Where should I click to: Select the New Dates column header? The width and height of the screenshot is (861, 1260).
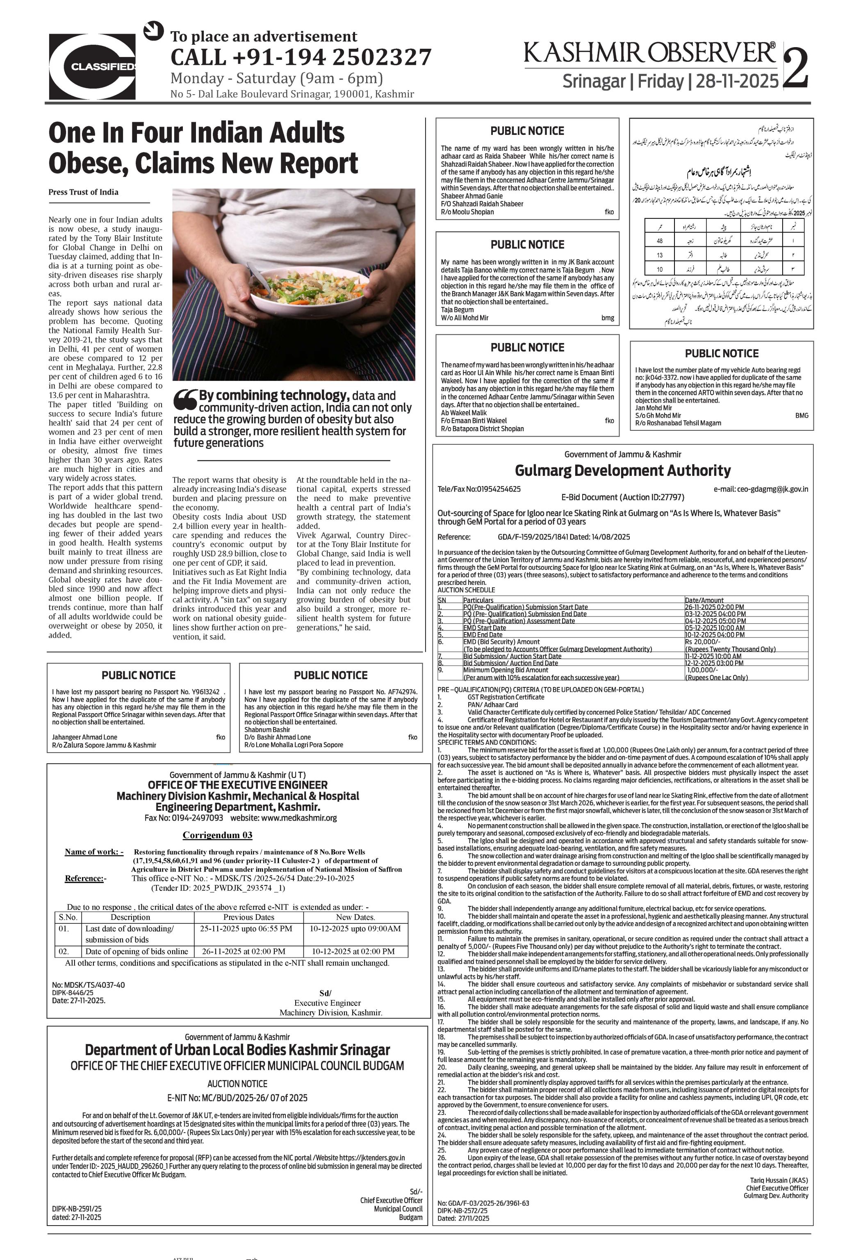(x=355, y=917)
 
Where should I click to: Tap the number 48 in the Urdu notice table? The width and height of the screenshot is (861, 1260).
(x=659, y=241)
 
